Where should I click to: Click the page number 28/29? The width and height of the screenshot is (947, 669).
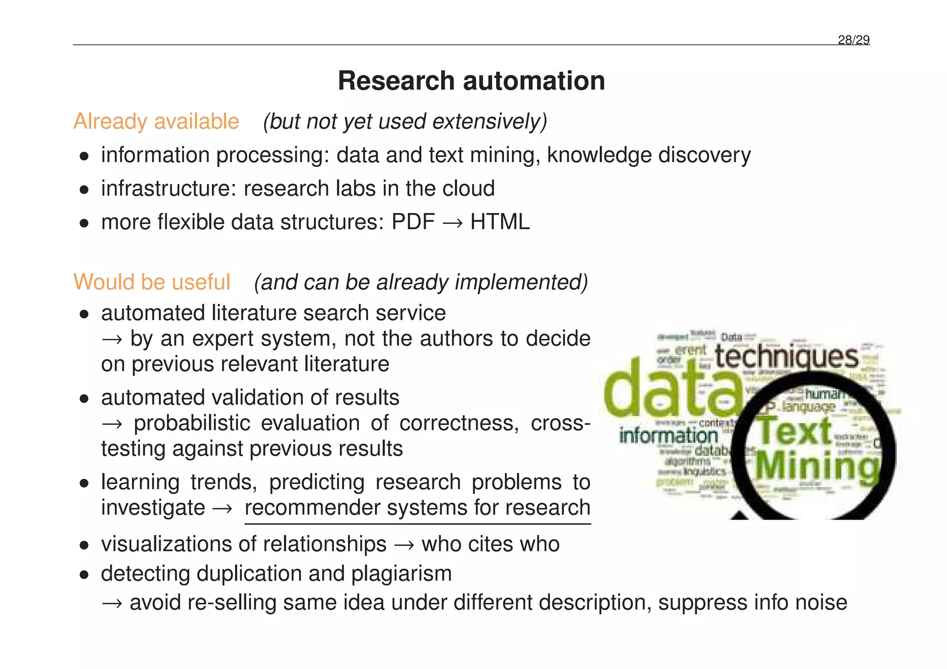[853, 40]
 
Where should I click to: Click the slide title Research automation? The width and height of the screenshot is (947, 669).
[471, 81]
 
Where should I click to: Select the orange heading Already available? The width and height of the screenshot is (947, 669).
[156, 122]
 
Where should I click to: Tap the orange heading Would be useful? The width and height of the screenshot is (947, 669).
[152, 282]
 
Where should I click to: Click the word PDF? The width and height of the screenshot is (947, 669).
[413, 222]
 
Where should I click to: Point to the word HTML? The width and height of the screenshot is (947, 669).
[500, 222]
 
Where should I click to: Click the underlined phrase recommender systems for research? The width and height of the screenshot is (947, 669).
[418, 508]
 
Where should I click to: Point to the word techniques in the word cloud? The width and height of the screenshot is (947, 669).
[787, 357]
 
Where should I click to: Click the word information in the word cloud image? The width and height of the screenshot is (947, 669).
[668, 436]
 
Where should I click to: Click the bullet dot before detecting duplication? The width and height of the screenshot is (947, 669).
[84, 575]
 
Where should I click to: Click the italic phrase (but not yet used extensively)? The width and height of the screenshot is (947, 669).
[405, 122]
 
